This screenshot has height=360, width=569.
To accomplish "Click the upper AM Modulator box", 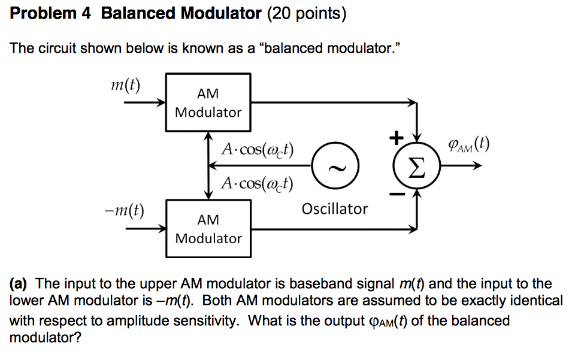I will pyautogui.click(x=208, y=102).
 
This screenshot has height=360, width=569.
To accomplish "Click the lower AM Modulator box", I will pyautogui.click(x=208, y=229).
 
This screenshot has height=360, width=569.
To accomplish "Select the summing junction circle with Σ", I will pyautogui.click(x=416, y=165).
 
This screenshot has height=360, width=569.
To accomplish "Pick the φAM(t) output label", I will pyautogui.click(x=468, y=145).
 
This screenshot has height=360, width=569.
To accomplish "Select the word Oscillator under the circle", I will pyautogui.click(x=335, y=209).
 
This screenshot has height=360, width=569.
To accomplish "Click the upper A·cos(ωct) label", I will pyautogui.click(x=258, y=149).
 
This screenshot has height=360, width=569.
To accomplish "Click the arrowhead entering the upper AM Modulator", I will pyautogui.click(x=161, y=102).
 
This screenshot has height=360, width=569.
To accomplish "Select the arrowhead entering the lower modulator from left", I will pyautogui.click(x=161, y=229).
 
